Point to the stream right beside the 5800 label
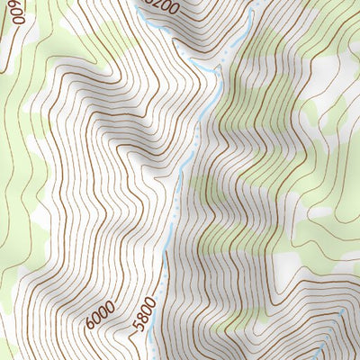pos(152,310)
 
